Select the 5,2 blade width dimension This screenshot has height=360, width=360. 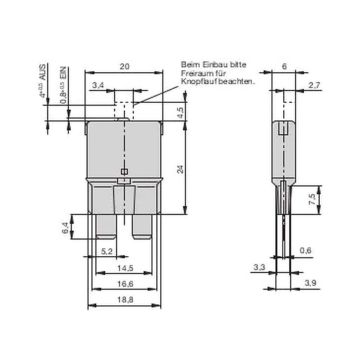(106, 251)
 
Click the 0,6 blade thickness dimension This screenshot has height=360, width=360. (307, 251)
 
